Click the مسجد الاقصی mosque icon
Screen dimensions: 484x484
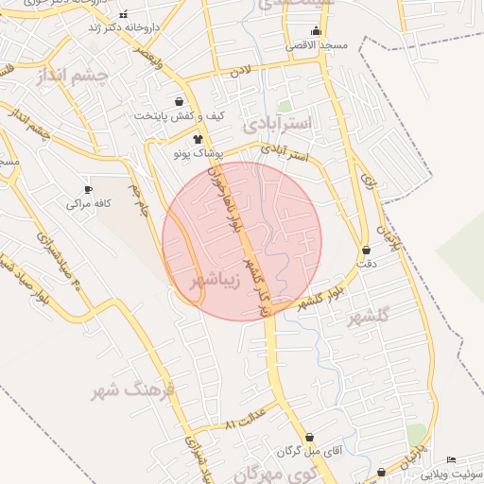tap(315, 31)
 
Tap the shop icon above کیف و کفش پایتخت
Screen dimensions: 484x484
tap(180, 101)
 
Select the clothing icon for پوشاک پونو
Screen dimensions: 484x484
tap(198, 139)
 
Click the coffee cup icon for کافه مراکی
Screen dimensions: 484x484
tap(89, 189)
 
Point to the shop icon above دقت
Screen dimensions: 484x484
tap(366, 251)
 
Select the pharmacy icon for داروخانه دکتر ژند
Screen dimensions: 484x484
tap(124, 15)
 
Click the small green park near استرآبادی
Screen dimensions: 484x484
tap(285, 106)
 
